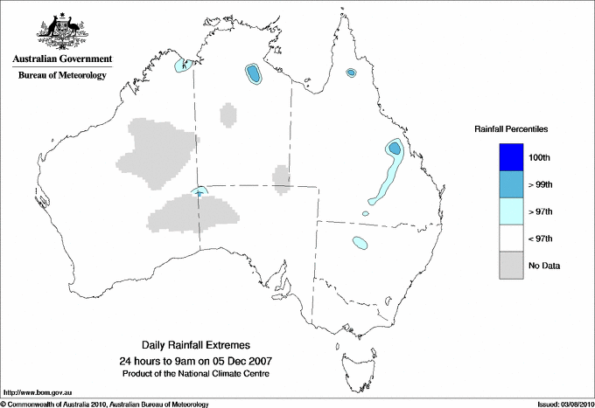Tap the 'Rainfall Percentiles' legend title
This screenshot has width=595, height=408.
[x=511, y=128]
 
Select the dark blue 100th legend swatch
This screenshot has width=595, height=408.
[x=512, y=157]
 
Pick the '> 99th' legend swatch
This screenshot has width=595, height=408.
[x=512, y=184]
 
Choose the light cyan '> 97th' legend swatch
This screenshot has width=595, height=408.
[x=512, y=211]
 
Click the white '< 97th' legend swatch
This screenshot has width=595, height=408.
[x=512, y=239]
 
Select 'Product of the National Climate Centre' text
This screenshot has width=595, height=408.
[x=202, y=373]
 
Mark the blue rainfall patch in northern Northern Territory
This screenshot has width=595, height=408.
[x=254, y=74]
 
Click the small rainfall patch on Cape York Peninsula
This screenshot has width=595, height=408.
[x=351, y=73]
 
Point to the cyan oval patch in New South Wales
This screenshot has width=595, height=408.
[x=359, y=243]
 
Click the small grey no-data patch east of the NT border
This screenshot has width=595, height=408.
[x=282, y=178]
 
